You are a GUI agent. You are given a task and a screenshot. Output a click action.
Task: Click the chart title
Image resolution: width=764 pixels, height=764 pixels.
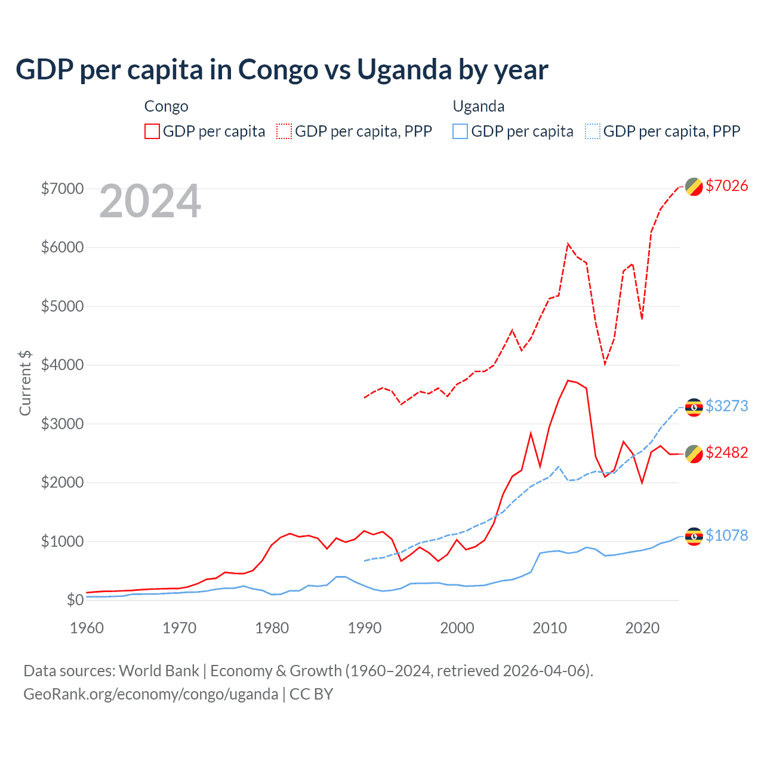click(x=282, y=69)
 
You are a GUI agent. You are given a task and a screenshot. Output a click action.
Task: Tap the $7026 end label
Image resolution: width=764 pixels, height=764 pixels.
click(x=726, y=186)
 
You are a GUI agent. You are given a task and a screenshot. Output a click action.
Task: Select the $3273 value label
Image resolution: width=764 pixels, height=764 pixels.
click(x=726, y=406)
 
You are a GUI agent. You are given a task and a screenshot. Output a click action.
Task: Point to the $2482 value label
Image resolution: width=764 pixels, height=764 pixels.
click(x=726, y=452)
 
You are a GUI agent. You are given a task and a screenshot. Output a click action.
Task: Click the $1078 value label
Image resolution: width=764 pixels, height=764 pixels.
click(x=726, y=535)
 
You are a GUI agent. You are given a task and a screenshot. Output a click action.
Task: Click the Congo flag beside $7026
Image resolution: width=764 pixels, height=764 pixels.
click(x=694, y=186)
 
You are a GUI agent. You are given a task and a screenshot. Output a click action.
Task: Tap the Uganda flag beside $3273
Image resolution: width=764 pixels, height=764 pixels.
click(x=694, y=406)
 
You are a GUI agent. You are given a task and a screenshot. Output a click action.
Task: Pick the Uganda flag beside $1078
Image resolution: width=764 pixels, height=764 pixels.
click(x=694, y=536)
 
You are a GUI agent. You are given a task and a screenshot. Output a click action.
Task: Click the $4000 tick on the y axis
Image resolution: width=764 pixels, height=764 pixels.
click(x=62, y=365)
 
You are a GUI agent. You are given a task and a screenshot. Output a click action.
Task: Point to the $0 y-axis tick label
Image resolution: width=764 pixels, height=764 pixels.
click(x=75, y=600)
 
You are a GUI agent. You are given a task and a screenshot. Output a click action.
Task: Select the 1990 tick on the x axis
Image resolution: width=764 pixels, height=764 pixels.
click(x=365, y=628)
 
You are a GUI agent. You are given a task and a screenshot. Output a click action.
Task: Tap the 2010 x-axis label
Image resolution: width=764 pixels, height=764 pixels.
click(x=550, y=628)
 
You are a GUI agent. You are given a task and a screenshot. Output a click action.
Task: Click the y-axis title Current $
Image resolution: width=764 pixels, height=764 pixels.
click(x=25, y=383)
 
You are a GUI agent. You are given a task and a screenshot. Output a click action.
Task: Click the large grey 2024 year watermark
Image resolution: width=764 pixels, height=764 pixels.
click(x=150, y=201)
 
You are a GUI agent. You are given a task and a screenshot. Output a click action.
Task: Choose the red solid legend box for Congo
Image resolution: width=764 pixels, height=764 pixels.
click(x=152, y=131)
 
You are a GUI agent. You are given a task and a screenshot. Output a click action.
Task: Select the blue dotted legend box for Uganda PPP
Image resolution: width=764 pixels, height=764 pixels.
click(x=593, y=131)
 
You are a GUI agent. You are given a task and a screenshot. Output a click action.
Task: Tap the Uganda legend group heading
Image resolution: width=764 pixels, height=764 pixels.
click(x=479, y=106)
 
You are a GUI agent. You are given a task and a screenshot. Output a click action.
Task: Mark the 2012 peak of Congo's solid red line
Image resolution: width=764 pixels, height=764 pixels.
click(x=568, y=380)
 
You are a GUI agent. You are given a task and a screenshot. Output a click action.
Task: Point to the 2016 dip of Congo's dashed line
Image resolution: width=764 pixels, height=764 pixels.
click(x=605, y=363)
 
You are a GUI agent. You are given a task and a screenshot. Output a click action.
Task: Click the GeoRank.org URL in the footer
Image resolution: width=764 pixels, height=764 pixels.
click(x=150, y=694)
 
